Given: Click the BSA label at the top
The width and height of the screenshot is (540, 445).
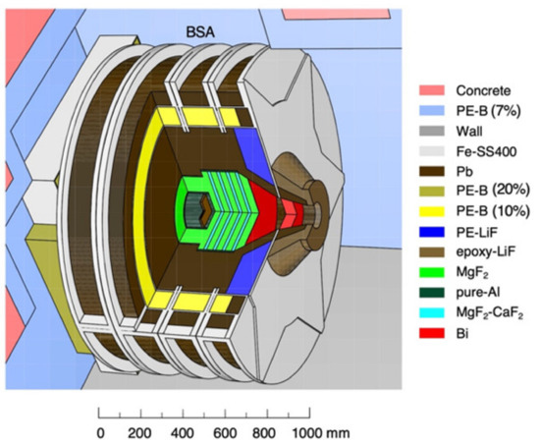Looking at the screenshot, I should click(x=200, y=30).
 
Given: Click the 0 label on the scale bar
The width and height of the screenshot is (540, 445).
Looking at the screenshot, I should click(x=99, y=431).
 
